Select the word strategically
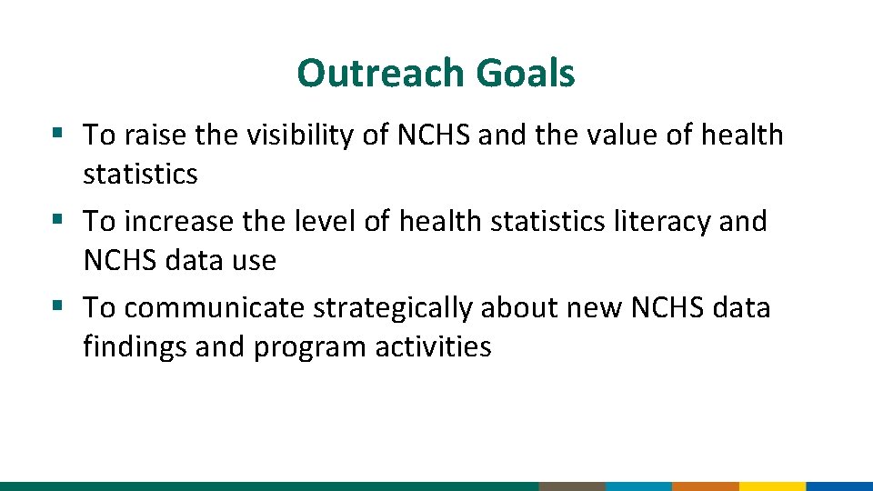coord(392,308)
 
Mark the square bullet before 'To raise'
coord(57,134)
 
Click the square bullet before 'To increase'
coord(57,219)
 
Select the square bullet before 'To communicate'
coord(57,306)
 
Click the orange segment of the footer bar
coord(705,486)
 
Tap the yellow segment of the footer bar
coord(772,486)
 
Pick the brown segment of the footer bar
coord(571,486)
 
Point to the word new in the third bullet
coord(596,308)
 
